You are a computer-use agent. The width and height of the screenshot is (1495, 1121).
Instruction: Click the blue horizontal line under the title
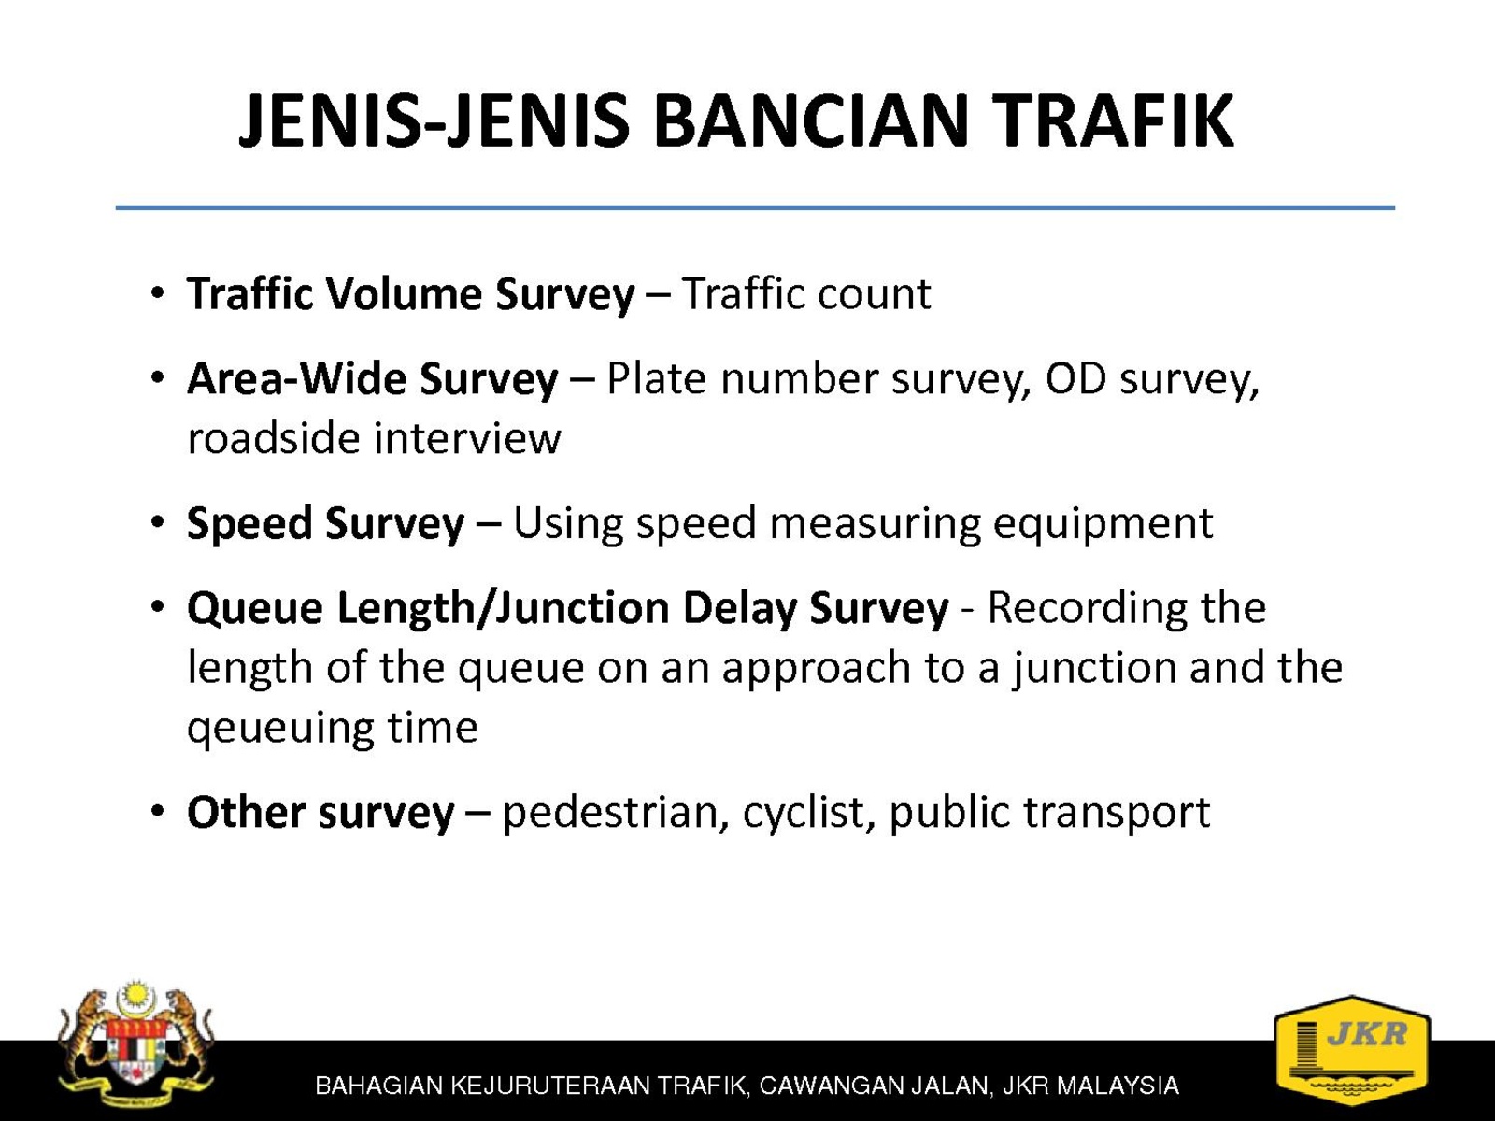755,206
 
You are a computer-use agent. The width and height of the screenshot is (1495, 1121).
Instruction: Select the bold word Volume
405,294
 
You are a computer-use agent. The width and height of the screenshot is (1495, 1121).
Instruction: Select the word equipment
1103,524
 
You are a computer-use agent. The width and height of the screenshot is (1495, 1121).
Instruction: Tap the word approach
816,668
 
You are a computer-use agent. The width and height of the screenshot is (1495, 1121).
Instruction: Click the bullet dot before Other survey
158,811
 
